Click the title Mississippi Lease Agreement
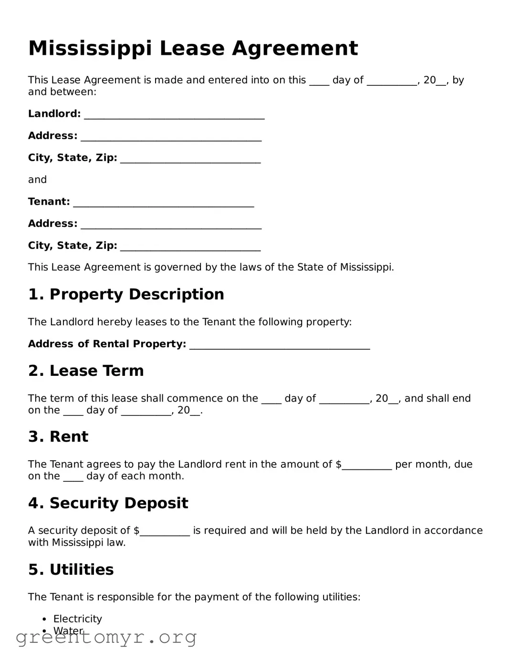pos(193,48)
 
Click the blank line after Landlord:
pos(174,114)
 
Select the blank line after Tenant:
pos(163,202)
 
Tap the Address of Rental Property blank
pos(280,345)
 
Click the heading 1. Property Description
pos(126,294)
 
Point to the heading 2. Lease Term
pos(86,371)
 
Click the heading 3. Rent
pos(58,436)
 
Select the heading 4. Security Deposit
pos(108,503)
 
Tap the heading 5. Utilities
pos(71,569)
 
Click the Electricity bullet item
pos(77,619)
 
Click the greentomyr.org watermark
pos(106,637)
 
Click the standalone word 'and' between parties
pos(37,180)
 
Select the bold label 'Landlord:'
pos(54,114)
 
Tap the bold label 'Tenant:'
pos(49,202)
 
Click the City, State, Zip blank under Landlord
pos(190,158)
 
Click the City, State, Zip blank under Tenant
pos(190,246)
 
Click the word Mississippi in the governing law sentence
pos(366,267)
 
